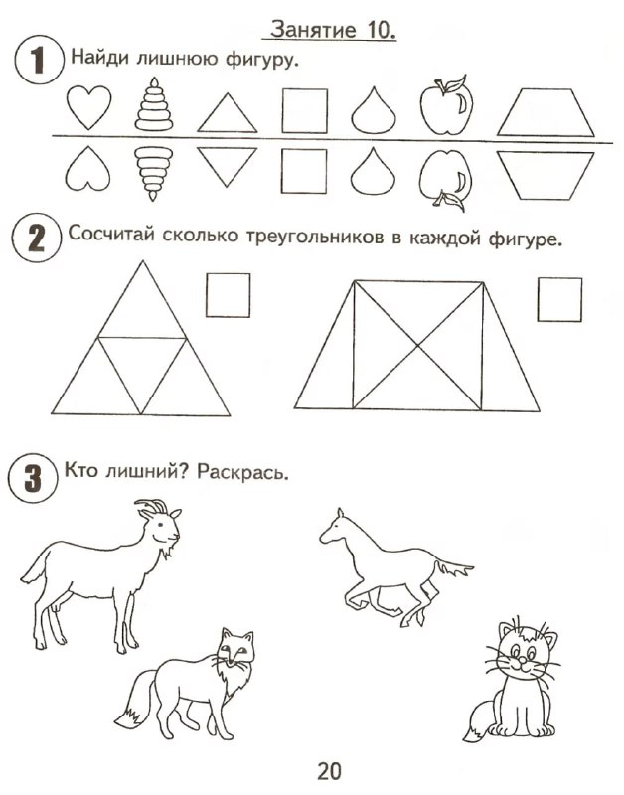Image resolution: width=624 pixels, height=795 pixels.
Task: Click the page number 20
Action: [x=330, y=771]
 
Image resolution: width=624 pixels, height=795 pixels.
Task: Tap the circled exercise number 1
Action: [x=39, y=60]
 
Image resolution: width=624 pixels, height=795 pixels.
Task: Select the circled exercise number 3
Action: [x=33, y=479]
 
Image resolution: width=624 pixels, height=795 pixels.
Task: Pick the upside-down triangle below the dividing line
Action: [x=227, y=166]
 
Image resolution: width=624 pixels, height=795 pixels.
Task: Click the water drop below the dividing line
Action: [x=373, y=171]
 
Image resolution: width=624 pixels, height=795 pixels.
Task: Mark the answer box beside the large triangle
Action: [x=229, y=295]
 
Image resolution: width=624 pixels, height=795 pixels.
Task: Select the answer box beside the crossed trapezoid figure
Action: [x=559, y=299]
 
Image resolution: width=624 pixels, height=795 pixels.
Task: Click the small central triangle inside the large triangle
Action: [x=141, y=366]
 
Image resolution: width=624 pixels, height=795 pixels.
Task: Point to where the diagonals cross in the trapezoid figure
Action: [x=417, y=345]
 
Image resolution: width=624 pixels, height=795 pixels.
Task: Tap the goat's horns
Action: [x=152, y=507]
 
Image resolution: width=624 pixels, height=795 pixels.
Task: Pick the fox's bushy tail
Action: [x=135, y=700]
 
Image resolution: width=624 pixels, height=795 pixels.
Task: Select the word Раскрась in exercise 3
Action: [x=242, y=472]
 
